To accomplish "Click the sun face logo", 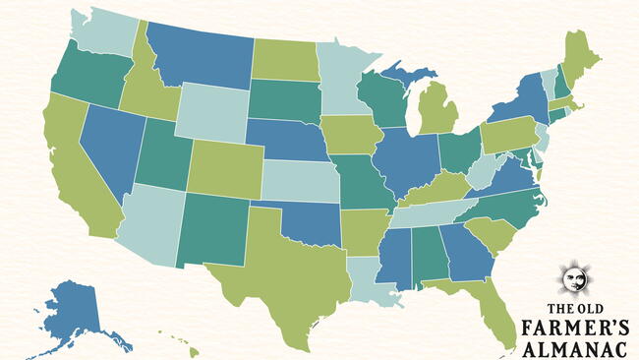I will point(573,279).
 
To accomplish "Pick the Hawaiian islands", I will point(177,344).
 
